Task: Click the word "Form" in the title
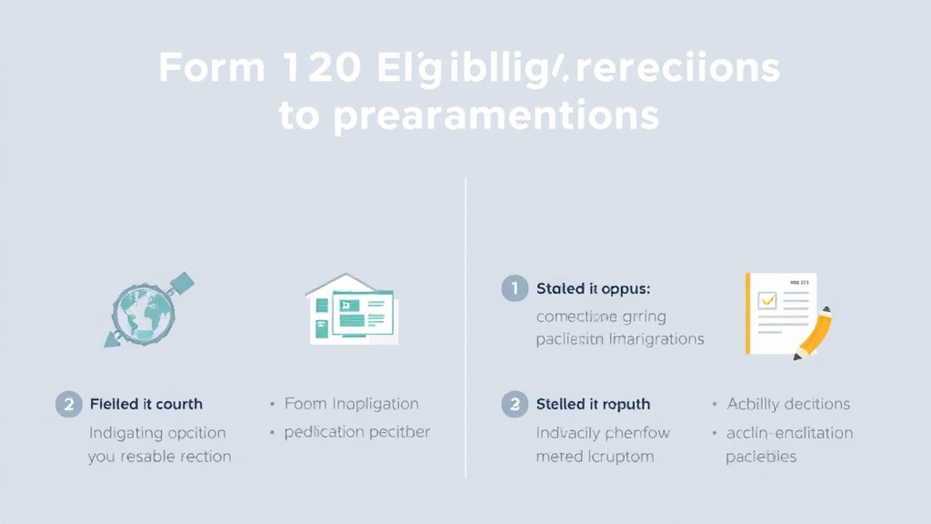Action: click(x=213, y=70)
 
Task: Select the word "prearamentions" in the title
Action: click(x=495, y=117)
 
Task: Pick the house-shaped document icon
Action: click(x=351, y=308)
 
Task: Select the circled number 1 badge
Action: click(x=514, y=289)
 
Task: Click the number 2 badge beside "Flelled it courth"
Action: click(x=68, y=404)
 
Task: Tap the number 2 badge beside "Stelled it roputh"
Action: click(x=514, y=404)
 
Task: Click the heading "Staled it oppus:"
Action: click(x=593, y=289)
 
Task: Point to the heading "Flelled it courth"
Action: click(x=146, y=404)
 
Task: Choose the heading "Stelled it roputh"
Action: click(x=593, y=404)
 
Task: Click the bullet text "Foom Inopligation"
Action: click(x=351, y=404)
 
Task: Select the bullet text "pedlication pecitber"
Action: click(x=357, y=432)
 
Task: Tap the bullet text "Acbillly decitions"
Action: click(x=788, y=404)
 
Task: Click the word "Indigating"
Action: click(x=125, y=433)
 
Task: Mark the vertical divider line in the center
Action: click(x=465, y=327)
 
